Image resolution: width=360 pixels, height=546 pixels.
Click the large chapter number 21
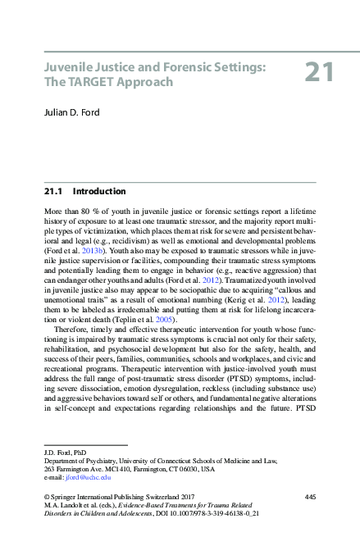[x=319, y=73]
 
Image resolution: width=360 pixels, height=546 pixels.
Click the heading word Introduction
[x=99, y=191]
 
